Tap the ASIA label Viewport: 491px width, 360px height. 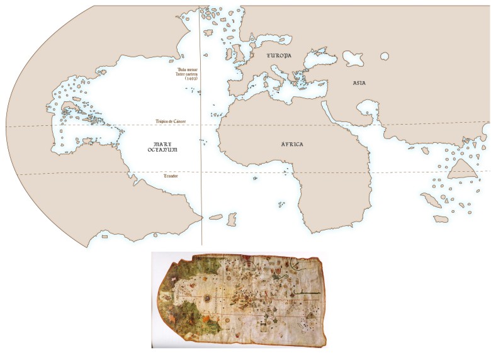point(359,83)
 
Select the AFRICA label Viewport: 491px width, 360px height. point(291,145)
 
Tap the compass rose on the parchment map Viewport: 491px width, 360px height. point(206,295)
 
